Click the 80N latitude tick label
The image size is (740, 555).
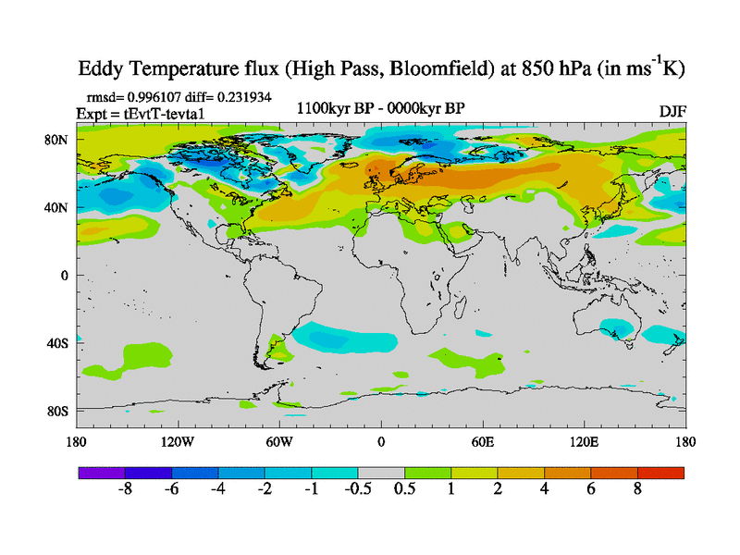coord(57,140)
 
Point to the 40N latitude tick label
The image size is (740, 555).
coord(57,207)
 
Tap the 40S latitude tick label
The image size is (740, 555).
coord(57,343)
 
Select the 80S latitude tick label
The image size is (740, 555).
coord(57,411)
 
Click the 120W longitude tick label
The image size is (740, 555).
coord(177,441)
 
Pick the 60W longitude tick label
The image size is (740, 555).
coord(278,441)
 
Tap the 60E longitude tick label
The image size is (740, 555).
coord(482,441)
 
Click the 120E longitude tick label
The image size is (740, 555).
coord(584,441)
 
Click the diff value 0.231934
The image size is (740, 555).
coord(239,96)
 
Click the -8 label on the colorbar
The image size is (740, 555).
coord(124,489)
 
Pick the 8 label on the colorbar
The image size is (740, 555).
coord(637,489)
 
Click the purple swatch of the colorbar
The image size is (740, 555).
coord(101,473)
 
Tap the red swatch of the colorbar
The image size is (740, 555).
coord(660,473)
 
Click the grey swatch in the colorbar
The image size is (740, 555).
coord(380,473)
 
